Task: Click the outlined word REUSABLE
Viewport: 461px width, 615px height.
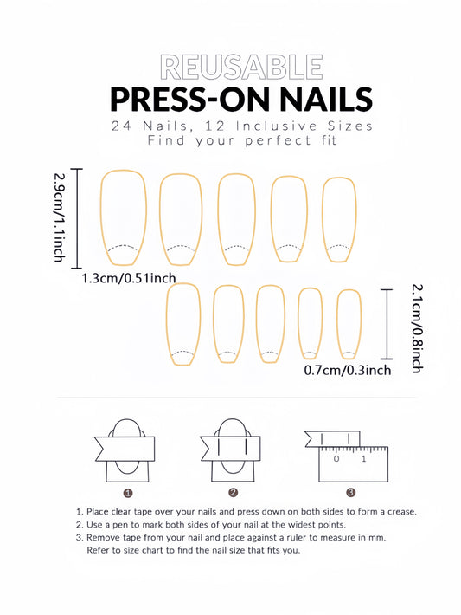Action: click(x=241, y=68)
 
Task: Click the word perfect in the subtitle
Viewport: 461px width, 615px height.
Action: click(x=279, y=140)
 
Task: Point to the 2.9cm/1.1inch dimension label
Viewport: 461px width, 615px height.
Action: click(x=59, y=217)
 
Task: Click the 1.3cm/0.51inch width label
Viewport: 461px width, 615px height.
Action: click(x=129, y=278)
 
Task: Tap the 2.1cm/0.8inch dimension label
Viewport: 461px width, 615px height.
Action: click(x=418, y=328)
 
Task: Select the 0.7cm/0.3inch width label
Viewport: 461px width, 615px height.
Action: click(x=348, y=370)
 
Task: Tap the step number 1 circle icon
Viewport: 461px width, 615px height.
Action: click(x=128, y=493)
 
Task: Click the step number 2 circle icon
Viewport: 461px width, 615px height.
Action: click(x=233, y=493)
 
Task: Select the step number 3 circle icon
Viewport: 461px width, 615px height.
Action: click(x=351, y=493)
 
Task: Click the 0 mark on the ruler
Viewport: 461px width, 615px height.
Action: click(x=336, y=458)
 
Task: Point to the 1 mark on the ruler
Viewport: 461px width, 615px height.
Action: click(x=364, y=458)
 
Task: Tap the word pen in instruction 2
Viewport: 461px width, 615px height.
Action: click(x=124, y=525)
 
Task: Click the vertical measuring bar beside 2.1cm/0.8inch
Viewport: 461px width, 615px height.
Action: click(x=387, y=324)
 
